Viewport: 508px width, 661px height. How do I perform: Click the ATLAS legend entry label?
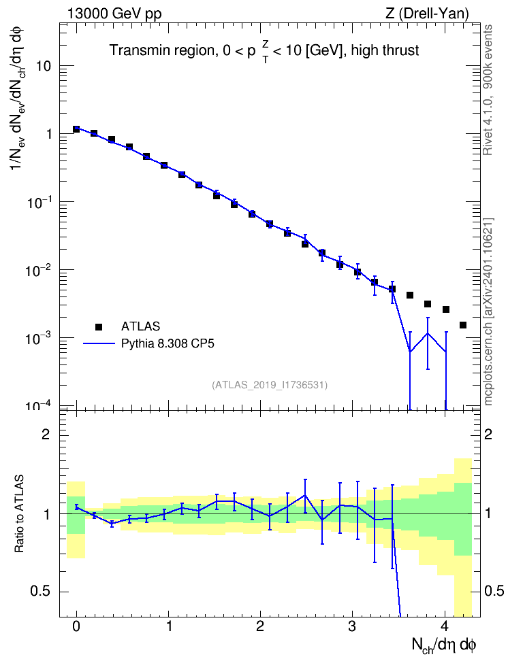140,326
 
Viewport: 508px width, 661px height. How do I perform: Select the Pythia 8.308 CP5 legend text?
168,343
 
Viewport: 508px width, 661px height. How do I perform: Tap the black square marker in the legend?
99,326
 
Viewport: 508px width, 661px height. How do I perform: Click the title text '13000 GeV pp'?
114,14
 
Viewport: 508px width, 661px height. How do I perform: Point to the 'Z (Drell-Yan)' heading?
427,14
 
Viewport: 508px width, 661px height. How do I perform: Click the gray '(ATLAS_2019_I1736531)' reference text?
270,385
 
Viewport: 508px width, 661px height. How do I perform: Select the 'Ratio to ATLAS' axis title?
19,513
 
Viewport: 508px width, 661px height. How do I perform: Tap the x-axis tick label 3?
352,626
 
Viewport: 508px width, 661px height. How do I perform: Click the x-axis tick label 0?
76,626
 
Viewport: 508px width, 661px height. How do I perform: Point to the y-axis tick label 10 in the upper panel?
43,66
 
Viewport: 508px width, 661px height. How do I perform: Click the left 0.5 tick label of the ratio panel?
41,592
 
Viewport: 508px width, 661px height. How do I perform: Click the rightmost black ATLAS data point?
463,325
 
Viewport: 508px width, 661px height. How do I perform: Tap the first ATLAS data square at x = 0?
76,129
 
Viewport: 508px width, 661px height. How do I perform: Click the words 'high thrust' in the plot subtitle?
385,50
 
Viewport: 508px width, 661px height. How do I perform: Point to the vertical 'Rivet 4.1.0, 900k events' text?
488,90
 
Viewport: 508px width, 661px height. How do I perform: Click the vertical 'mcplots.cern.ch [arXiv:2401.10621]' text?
488,311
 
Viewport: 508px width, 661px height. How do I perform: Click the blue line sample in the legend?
99,344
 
